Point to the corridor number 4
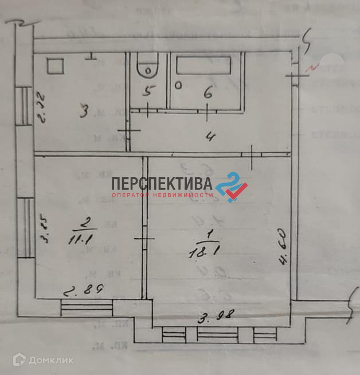point(211,136)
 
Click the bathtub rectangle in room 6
point(205,65)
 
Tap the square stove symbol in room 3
point(55,67)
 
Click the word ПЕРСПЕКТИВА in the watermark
point(162,184)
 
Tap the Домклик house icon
point(19,360)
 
